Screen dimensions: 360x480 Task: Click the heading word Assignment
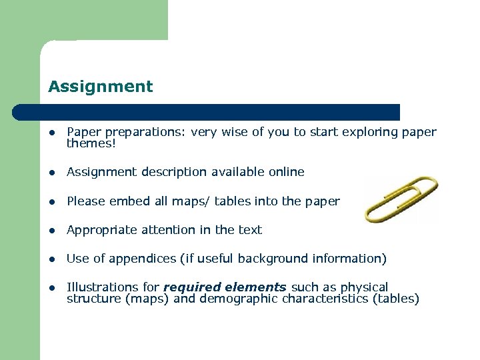[100, 87]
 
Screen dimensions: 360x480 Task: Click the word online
[286, 172]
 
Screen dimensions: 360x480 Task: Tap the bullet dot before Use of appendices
[51, 259]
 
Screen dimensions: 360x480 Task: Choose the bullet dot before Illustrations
[51, 288]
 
